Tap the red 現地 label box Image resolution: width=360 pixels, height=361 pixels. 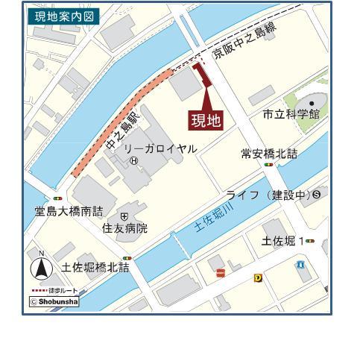click(206, 121)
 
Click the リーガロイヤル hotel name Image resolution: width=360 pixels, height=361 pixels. click(160, 149)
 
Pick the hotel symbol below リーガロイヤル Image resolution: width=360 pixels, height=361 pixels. click(133, 160)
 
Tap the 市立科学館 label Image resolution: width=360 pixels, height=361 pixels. click(291, 114)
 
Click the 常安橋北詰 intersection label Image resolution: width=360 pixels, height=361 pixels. click(269, 154)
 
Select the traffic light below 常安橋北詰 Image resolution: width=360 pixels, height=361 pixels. click(268, 165)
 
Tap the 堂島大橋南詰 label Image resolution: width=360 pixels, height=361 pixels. click(69, 211)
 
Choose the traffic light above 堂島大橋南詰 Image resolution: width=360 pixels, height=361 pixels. click(57, 198)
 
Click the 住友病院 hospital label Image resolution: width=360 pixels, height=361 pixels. click(124, 228)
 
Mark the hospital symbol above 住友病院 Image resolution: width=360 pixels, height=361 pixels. click(124, 216)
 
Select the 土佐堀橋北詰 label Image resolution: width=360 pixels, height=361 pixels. click(95, 266)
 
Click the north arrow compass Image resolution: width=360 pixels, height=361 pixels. click(41, 266)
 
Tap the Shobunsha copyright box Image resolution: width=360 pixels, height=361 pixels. click(54, 302)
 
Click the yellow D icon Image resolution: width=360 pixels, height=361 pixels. click(258, 277)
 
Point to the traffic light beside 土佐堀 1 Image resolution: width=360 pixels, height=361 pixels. click(310, 242)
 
